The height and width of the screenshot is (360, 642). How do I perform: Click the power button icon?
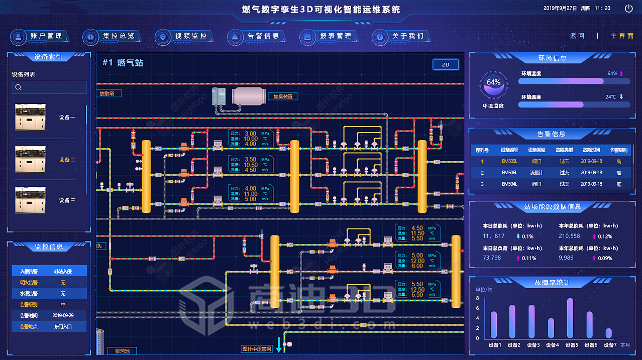(x=628, y=8)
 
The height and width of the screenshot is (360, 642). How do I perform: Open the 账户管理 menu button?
(x=40, y=36)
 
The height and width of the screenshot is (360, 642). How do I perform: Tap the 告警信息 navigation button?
(x=257, y=36)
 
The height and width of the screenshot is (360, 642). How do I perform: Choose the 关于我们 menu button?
(x=401, y=36)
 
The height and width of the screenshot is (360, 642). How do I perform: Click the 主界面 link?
(x=622, y=36)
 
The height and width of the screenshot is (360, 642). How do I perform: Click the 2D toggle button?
(x=445, y=65)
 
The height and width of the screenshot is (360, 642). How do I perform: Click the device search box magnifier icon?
(x=19, y=87)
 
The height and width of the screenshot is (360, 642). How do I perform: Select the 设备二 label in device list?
(x=67, y=160)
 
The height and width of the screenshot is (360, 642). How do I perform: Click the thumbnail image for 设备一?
(x=31, y=117)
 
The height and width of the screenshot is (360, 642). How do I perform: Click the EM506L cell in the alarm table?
(x=509, y=173)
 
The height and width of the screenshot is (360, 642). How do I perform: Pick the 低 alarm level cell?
(x=618, y=184)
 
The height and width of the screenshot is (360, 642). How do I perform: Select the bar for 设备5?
(x=570, y=318)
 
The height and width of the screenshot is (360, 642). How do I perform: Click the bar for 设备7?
(x=608, y=333)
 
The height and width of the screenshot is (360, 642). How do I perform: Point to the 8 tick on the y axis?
(x=477, y=298)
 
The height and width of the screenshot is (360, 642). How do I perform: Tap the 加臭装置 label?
(x=282, y=96)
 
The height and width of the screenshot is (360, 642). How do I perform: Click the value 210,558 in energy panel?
(x=569, y=236)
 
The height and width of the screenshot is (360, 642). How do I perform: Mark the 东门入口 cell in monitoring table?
(x=63, y=327)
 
